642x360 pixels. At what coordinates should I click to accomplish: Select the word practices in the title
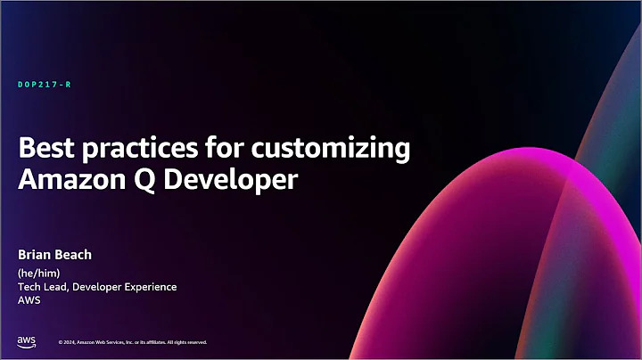130,149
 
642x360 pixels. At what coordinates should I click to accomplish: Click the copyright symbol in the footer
60,342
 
